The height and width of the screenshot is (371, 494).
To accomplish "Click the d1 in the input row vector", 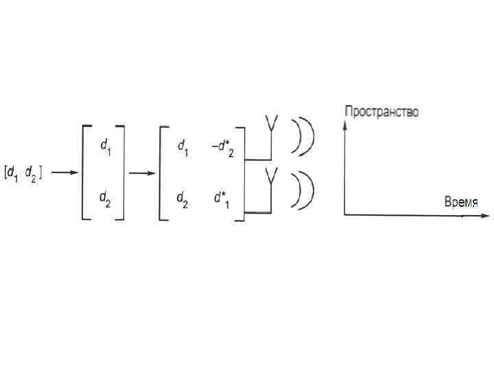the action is [x=12, y=175].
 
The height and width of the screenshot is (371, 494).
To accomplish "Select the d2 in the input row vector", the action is [x=32, y=175].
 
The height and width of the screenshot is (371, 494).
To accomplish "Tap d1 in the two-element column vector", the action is [x=105, y=146].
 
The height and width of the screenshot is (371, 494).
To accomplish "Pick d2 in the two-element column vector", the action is [x=105, y=199].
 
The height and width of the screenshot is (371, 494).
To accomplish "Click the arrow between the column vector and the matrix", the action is [x=141, y=172].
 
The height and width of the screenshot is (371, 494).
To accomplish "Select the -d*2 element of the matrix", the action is [x=222, y=147].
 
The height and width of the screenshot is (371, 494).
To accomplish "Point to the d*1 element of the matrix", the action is [x=222, y=199].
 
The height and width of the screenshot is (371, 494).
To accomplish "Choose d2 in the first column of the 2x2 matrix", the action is [x=183, y=199].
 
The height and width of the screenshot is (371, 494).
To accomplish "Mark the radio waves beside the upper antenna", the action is [x=303, y=136].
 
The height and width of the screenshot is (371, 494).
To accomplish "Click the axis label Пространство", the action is [x=381, y=111].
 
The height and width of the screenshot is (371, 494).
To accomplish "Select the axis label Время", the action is [x=460, y=201].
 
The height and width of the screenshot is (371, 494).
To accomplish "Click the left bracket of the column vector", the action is [x=84, y=172].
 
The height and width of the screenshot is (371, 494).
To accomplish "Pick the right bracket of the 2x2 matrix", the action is [x=242, y=172].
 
